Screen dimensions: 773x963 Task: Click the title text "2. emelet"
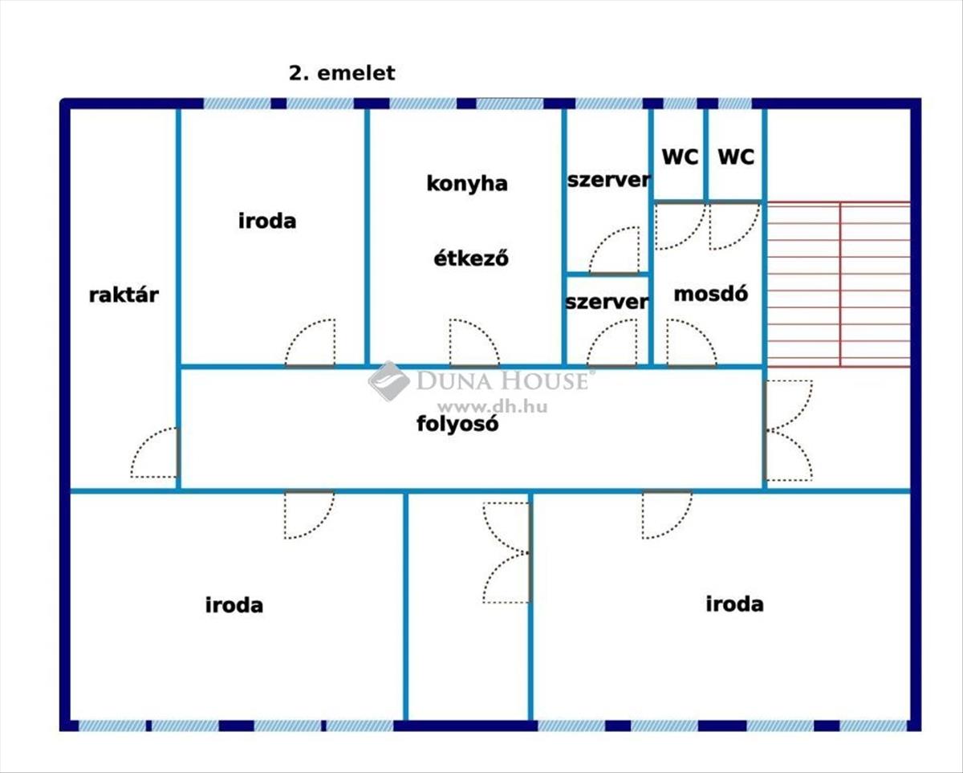(x=342, y=73)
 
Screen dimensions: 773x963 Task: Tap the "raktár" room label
(x=124, y=295)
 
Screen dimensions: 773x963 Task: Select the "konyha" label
(x=466, y=183)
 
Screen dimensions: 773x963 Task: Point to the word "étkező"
(x=471, y=259)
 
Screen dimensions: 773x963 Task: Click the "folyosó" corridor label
(x=457, y=424)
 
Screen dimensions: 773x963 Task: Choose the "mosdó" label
(x=711, y=294)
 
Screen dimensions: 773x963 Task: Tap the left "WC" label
(x=680, y=157)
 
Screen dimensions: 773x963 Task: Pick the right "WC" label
(x=736, y=157)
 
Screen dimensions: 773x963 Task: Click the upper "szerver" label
(x=607, y=180)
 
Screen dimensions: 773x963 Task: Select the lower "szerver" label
(x=607, y=302)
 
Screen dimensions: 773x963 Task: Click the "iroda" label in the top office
(x=267, y=221)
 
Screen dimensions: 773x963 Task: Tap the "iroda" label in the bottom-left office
(x=234, y=604)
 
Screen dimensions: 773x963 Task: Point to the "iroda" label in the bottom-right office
(x=734, y=604)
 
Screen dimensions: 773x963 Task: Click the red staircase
(x=838, y=284)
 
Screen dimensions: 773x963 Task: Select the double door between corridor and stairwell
(x=787, y=430)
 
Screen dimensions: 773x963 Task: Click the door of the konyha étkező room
(x=473, y=344)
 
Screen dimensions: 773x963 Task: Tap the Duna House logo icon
(x=388, y=380)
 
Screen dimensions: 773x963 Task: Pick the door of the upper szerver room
(x=615, y=250)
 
